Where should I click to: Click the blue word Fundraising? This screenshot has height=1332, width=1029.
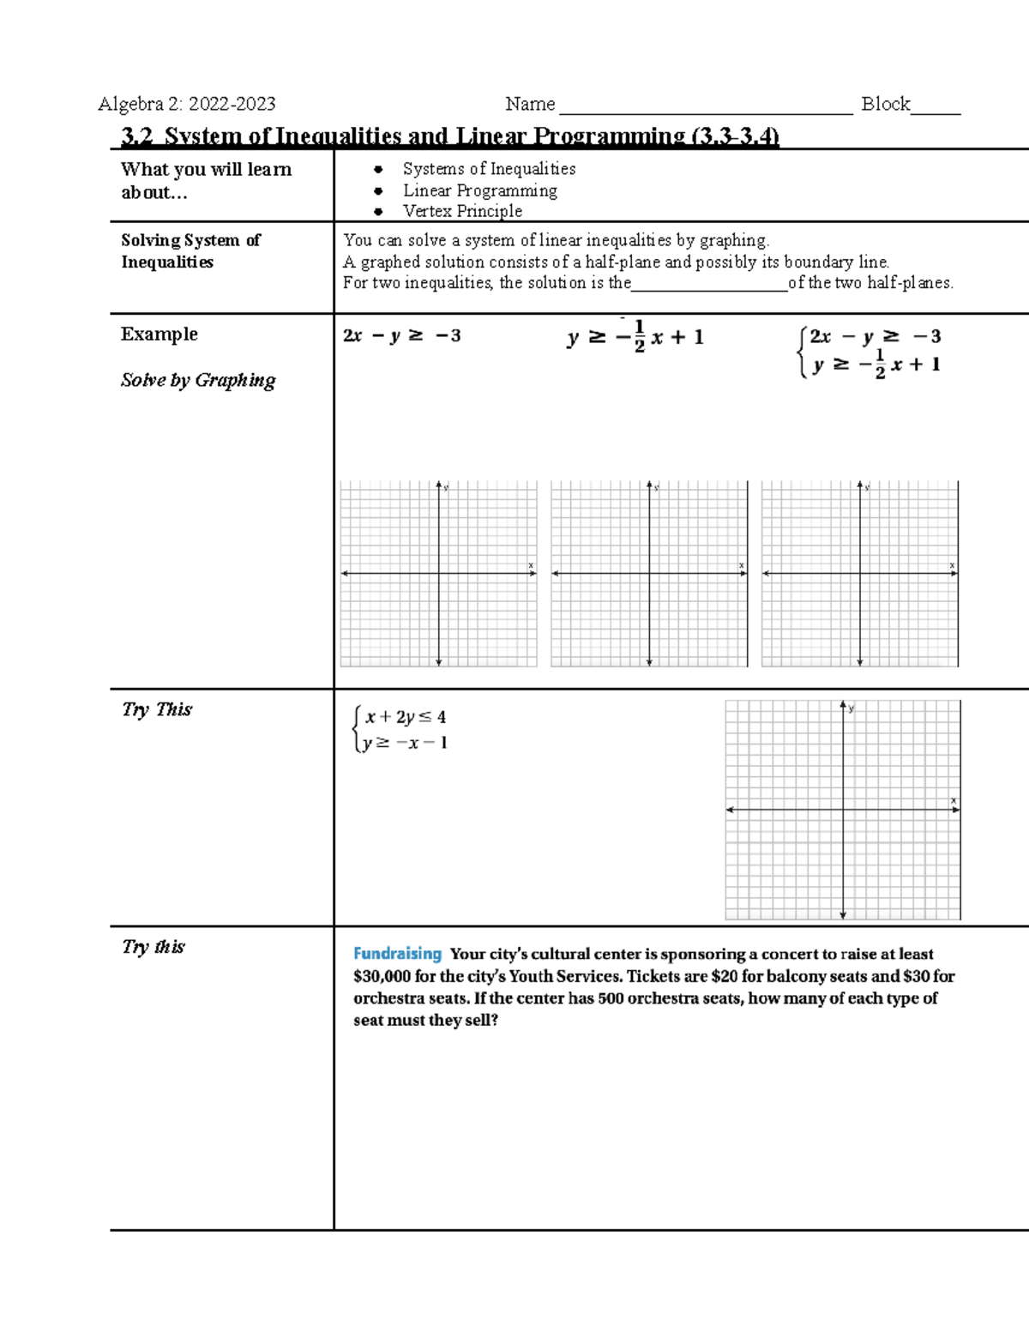point(397,954)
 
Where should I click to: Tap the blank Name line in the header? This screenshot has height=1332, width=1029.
point(705,110)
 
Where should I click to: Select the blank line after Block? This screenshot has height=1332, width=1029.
point(936,110)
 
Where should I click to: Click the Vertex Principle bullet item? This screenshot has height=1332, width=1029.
point(462,211)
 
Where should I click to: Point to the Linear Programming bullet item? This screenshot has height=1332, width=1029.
point(479,190)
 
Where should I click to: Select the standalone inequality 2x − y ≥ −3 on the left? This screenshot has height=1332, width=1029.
point(401,336)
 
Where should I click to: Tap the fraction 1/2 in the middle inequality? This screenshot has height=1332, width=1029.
point(639,337)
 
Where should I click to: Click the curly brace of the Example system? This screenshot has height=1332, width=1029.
point(802,352)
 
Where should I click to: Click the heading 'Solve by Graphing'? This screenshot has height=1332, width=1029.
point(198,380)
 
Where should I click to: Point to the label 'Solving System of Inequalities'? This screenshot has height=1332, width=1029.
point(190,250)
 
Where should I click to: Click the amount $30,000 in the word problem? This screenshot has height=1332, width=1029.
point(382,976)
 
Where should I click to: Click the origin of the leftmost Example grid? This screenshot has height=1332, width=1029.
point(439,573)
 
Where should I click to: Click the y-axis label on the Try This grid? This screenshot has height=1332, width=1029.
point(851,708)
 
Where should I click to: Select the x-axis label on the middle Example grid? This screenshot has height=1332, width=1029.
point(741,565)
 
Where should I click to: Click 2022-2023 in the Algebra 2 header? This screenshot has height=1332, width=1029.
point(232,105)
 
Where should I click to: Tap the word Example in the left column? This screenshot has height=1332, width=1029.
point(159,335)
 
